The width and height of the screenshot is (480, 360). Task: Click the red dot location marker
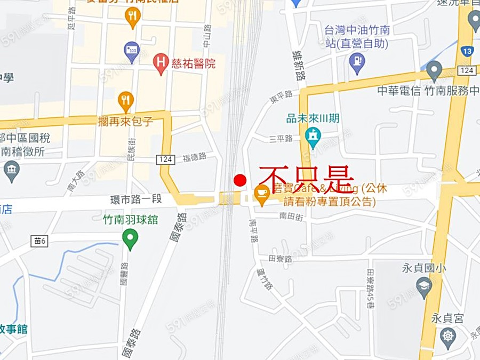[241, 180]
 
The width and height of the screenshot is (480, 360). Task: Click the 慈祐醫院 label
[193, 64]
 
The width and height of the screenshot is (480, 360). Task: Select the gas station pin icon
[357, 63]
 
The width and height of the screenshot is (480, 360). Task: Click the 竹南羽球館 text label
[130, 219]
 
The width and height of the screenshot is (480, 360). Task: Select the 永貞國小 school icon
[424, 287]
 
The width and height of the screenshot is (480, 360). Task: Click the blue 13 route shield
[467, 52]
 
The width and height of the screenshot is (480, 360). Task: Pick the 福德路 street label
[194, 157]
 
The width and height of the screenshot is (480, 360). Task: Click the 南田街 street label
[291, 216]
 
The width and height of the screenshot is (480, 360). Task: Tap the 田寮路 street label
[281, 259]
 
